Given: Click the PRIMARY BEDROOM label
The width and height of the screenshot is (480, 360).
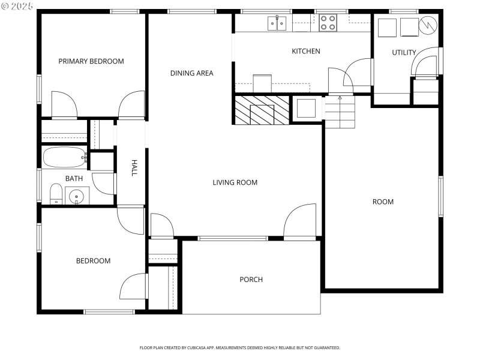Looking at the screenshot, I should (91, 61).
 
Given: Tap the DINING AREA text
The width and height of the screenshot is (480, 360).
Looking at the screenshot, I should (191, 73).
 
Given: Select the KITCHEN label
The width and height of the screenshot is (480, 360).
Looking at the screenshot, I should (305, 51).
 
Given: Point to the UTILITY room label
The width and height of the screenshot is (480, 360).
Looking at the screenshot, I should (404, 53).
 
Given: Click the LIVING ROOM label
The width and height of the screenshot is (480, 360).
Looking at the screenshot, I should (235, 182).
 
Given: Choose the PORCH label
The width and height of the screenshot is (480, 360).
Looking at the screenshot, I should (251, 279).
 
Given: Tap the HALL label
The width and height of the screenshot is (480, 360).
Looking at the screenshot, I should (134, 167).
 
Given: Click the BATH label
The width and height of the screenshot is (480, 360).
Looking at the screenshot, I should (74, 178).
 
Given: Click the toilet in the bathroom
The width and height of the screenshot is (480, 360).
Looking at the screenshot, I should (55, 194).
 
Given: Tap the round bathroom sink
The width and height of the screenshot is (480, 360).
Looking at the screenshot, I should (76, 196).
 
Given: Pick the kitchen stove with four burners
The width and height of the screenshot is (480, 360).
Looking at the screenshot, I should (328, 23).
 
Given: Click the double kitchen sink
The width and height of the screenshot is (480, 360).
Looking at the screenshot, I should (277, 23).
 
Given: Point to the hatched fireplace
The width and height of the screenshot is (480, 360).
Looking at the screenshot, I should (262, 110).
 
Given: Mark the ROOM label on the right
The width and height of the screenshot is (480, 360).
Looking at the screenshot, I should (383, 202).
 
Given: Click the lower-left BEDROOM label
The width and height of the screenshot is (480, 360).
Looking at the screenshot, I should (93, 260).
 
